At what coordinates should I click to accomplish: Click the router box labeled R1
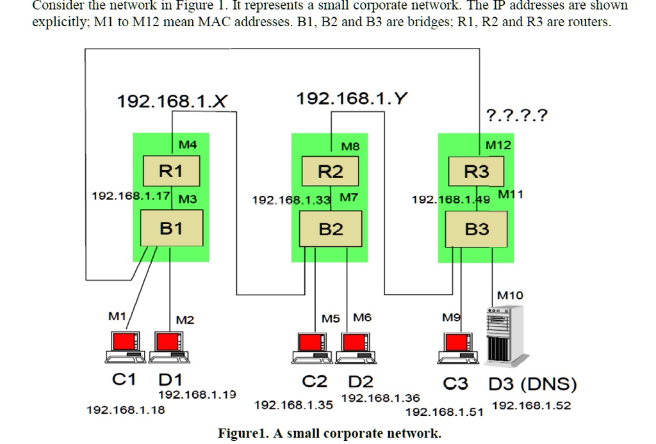171,171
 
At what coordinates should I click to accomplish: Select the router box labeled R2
331,171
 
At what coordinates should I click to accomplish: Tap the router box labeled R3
476,171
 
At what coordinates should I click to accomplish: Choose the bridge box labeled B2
331,229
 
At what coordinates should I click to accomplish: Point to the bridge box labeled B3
476,229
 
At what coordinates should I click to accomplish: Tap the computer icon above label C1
125,347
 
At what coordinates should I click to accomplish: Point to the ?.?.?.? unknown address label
517,115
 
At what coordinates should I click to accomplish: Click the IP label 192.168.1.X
172,101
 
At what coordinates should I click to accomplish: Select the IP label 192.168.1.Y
352,99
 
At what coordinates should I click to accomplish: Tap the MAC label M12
498,145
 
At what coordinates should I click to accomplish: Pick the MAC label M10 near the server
510,295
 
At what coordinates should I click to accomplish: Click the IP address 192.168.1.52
531,406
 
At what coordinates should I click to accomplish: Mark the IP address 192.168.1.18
126,410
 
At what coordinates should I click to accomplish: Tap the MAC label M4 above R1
188,145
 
